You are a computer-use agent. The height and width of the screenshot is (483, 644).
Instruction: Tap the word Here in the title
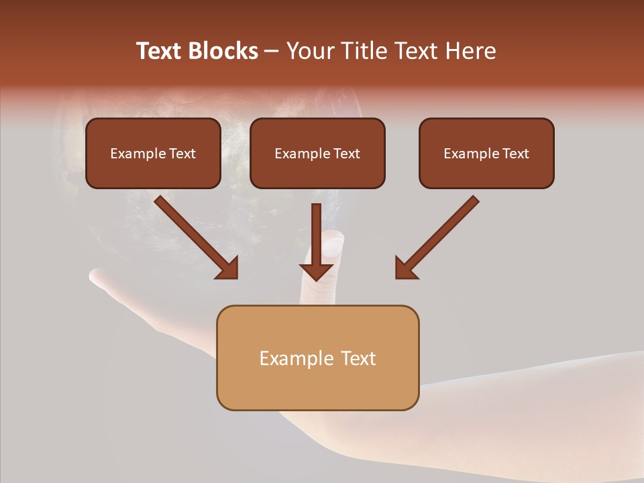(x=470, y=51)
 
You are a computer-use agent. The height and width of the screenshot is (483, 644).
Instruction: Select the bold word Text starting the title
(x=160, y=51)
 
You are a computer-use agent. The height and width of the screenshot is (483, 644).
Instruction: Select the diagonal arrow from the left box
(x=195, y=235)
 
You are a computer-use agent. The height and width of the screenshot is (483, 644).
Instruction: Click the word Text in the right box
(x=515, y=154)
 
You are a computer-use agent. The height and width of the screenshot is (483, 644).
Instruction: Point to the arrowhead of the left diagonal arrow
(x=228, y=268)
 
